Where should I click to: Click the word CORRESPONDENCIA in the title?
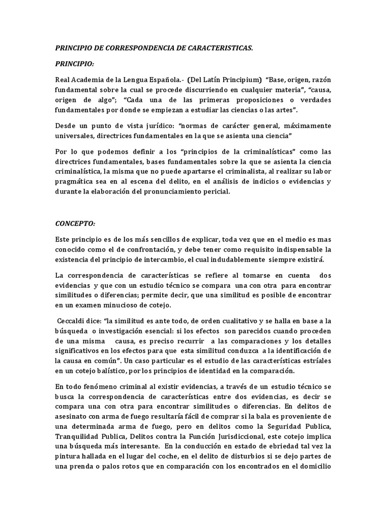[x=136, y=48]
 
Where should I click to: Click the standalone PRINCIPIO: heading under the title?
[x=76, y=64]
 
